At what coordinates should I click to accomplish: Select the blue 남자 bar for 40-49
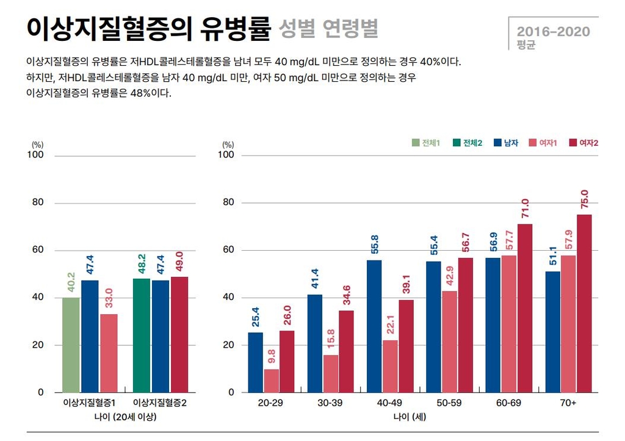click(x=374, y=326)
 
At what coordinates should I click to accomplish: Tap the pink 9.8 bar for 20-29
click(x=272, y=381)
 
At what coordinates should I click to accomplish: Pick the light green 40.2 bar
click(x=71, y=345)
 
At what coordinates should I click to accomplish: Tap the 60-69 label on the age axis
click(x=509, y=404)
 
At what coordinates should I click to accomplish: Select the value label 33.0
click(x=109, y=299)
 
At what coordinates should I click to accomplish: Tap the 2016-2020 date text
click(x=554, y=31)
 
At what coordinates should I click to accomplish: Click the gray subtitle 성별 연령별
click(x=328, y=29)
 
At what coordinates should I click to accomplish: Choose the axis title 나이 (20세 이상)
click(x=125, y=417)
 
